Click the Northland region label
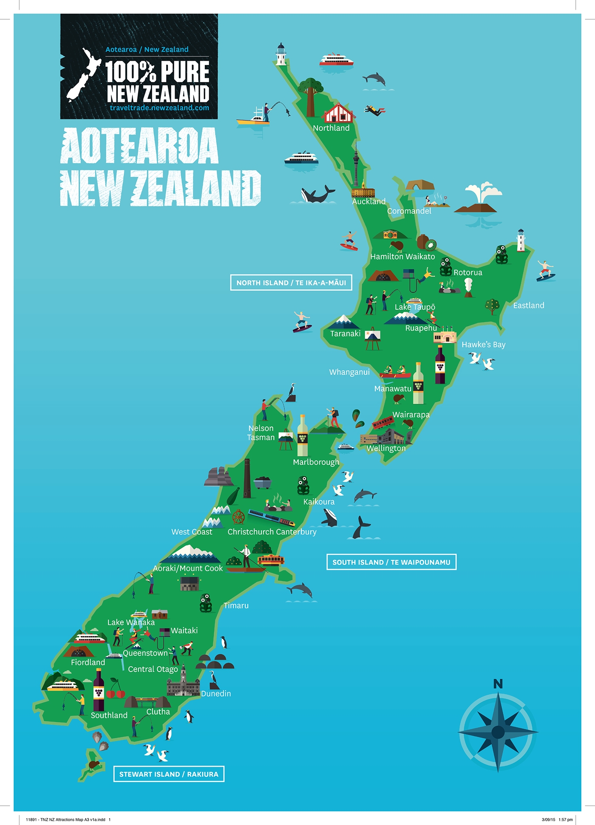tap(331, 128)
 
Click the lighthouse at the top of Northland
tap(281, 54)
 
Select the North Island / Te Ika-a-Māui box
tap(291, 283)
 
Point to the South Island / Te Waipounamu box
tap(391, 562)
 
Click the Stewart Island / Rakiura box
tap(169, 774)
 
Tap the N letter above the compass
tap(498, 684)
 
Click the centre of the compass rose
tap(498, 732)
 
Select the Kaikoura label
tap(319, 502)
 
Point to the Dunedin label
tap(216, 693)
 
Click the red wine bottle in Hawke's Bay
tap(440, 365)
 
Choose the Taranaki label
tap(345, 333)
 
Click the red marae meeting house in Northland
tap(338, 113)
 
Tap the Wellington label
tap(386, 448)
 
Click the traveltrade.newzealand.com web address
tap(159, 108)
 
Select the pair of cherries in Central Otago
tap(116, 690)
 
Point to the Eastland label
tap(528, 305)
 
